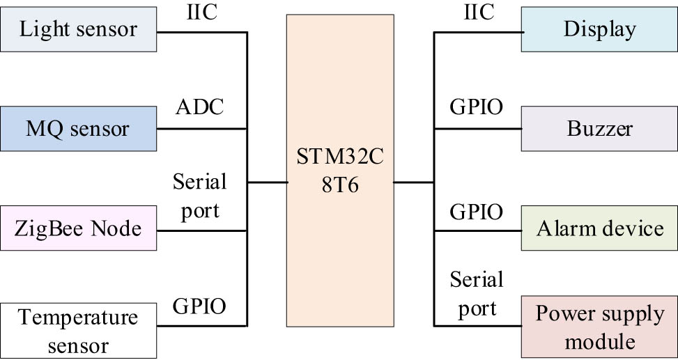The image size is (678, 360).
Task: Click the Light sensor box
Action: tap(78, 30)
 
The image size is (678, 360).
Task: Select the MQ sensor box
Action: tap(78, 129)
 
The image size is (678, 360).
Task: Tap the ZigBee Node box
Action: tap(78, 228)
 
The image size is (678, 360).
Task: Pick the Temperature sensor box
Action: tap(78, 331)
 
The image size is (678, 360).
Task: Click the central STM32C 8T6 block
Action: tap(339, 171)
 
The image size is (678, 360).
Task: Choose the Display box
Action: tap(599, 30)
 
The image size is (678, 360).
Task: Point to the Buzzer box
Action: tap(599, 129)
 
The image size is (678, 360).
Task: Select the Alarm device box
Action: tap(599, 228)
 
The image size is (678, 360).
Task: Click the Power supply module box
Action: tap(599, 327)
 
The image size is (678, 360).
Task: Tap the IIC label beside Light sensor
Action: tap(203, 12)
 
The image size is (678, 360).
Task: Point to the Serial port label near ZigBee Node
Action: tap(199, 196)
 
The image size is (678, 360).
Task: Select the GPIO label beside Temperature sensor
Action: tap(199, 306)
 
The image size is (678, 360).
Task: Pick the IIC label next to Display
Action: tap(478, 12)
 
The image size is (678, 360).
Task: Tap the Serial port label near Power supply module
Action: tap(476, 294)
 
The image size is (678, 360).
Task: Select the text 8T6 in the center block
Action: tap(339, 186)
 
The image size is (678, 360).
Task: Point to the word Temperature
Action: tap(78, 318)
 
